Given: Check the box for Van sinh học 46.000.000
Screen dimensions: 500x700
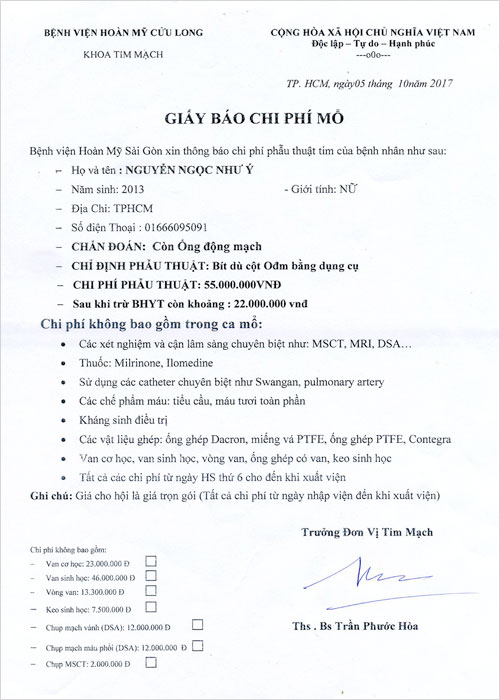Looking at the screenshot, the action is [151, 576].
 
